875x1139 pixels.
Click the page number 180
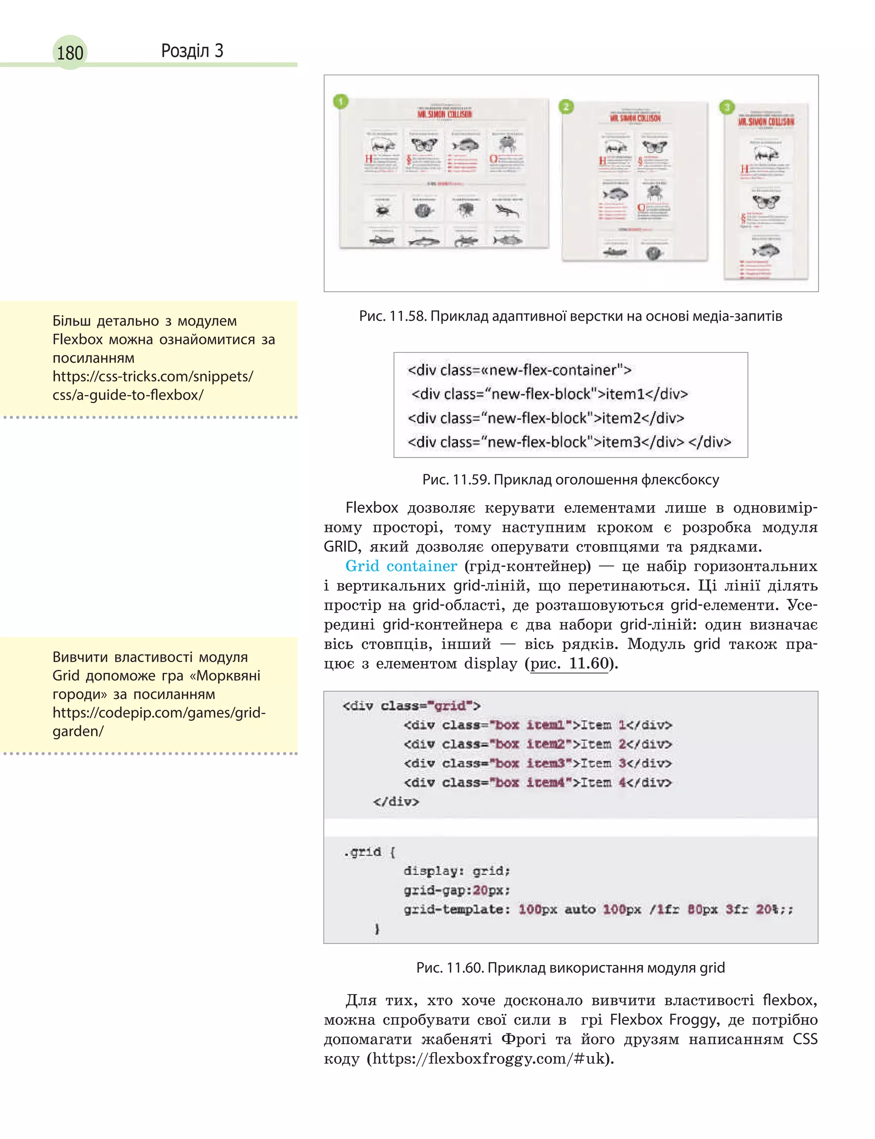[x=70, y=53]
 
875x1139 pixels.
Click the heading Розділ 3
[x=192, y=50]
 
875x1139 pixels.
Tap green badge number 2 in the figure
[x=566, y=107]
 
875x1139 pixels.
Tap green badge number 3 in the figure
[x=727, y=107]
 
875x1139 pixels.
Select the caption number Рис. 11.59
[x=456, y=479]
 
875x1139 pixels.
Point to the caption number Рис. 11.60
[x=450, y=967]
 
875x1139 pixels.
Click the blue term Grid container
[x=401, y=566]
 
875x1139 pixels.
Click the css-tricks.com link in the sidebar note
[x=153, y=385]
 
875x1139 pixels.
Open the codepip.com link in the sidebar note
[x=159, y=722]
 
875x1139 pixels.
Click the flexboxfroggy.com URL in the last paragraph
[x=489, y=1059]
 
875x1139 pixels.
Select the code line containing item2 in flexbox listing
[x=545, y=418]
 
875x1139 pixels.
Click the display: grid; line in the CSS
[x=456, y=871]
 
